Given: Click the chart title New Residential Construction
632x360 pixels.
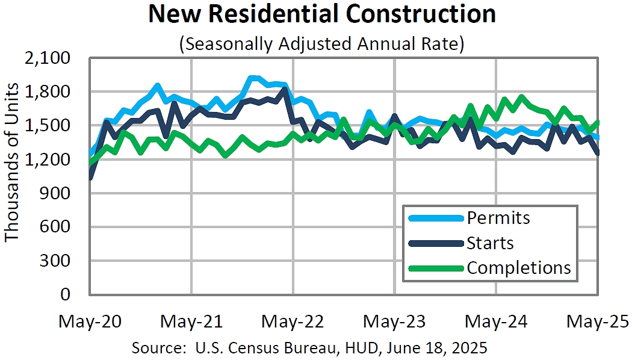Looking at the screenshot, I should coord(322,14).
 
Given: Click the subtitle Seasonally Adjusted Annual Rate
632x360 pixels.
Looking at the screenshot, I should coord(322,44).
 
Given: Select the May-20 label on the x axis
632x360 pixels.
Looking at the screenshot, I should coord(90,321).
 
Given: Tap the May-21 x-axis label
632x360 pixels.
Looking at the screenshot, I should coord(191,321).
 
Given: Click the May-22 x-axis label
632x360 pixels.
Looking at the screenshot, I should coord(293,321).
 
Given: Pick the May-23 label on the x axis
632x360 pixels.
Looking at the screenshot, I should coord(395,321).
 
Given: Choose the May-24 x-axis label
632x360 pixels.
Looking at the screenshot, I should coord(497,321).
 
